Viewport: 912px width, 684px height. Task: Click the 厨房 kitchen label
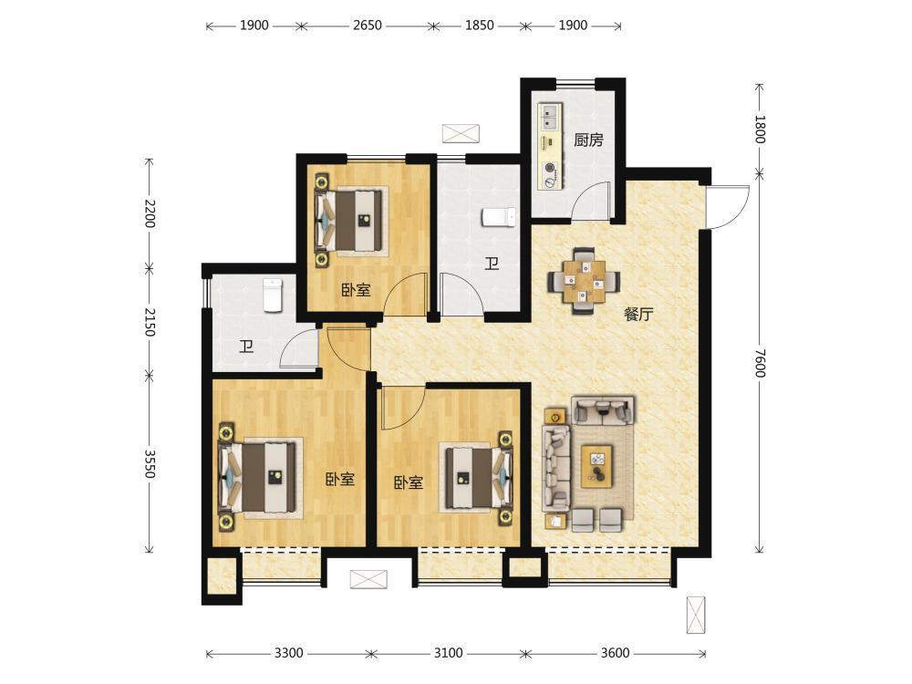[x=588, y=140]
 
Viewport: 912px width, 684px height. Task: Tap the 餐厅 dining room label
[x=638, y=315]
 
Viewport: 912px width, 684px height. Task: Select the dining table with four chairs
[x=584, y=282]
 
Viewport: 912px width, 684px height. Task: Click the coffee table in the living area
[x=597, y=466]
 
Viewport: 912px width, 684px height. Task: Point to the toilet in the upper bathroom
[x=499, y=217]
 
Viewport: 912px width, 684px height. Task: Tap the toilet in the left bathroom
[x=273, y=295]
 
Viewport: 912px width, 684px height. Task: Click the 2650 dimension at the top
[x=367, y=26]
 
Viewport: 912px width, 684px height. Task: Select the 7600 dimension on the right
[x=760, y=363]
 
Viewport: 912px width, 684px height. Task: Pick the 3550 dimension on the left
[x=150, y=463]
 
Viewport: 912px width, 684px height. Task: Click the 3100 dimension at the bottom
[x=449, y=653]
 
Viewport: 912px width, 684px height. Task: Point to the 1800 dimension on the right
[x=760, y=130]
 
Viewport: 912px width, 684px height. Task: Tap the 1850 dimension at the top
[x=480, y=26]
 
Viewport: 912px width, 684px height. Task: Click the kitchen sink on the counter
[x=550, y=117]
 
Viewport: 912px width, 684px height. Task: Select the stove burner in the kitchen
[x=550, y=168]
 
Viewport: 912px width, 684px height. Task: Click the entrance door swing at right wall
[x=727, y=207]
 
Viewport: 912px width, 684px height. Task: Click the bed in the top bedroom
[x=351, y=221]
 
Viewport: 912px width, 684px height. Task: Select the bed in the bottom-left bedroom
[x=259, y=477]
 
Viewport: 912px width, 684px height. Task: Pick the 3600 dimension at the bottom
[x=615, y=653]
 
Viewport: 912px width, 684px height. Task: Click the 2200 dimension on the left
[x=150, y=213]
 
